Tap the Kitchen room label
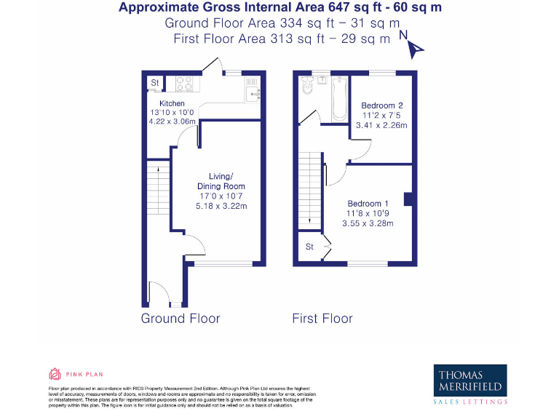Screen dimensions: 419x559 coord(162,103)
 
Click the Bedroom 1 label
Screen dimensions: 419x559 coord(368,203)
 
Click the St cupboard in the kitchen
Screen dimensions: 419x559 coord(154,84)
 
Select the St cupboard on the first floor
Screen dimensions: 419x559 coord(309,247)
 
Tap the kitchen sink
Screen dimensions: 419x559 coord(253,91)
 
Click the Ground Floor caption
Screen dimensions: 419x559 coord(180,318)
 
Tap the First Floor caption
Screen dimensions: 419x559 coord(322,318)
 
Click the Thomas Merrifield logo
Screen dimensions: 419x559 coord(470,383)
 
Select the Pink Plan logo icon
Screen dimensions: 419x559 coord(54,375)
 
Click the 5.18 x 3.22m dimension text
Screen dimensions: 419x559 coord(221,207)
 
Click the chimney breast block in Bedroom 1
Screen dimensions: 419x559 coord(408,199)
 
